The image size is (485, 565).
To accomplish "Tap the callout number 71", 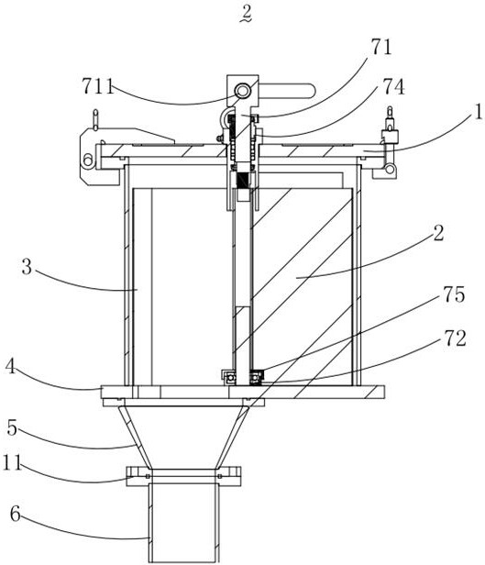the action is coord(380,47).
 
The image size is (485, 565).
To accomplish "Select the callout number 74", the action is coord(393,87).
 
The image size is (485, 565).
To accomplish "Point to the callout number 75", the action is coord(455,294).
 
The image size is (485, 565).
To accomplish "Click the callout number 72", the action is coord(455,338).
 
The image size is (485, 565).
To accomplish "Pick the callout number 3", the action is coord(27,268).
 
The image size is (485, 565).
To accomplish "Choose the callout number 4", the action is coord(11,367).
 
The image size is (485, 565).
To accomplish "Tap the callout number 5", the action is coord(12,428).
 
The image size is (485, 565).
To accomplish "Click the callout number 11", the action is coord(12,462).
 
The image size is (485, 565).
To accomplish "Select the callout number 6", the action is coord(15,515).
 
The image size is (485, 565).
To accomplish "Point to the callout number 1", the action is coord(479,113).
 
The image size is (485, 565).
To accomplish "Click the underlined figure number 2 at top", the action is coord(247,15).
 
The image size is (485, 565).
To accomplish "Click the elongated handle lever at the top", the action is coord(287,91).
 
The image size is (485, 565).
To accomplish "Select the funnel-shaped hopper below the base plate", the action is coord(183,438).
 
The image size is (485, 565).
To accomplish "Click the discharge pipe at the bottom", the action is coord(183,524).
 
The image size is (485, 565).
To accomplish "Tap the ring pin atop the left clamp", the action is coord(95,119).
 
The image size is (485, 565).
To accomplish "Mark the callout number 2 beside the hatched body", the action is coord(438,234).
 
